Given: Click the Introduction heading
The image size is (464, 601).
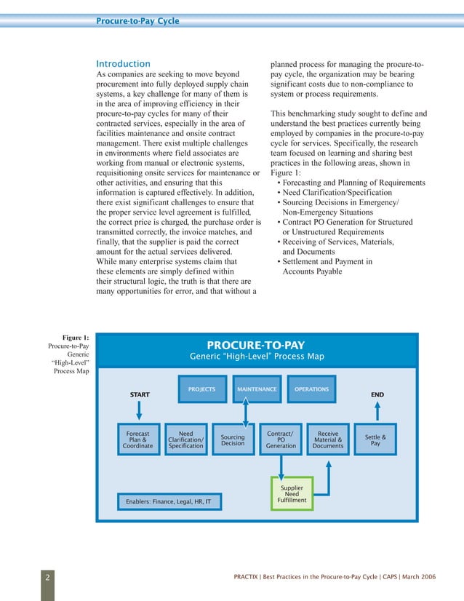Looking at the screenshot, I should (124, 64).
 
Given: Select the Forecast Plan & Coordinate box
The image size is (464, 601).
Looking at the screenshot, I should (138, 440).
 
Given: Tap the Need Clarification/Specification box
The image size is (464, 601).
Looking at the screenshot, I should (185, 440).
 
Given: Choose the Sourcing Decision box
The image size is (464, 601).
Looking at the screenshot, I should (233, 440).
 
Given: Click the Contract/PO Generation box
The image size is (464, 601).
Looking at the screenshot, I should (280, 440).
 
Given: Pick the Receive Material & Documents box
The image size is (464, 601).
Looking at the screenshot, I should (328, 440).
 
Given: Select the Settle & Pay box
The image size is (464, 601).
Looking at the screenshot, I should (375, 440).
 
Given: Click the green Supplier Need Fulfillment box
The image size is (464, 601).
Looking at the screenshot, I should (292, 493).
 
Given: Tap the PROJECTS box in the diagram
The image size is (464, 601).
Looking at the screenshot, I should (201, 389).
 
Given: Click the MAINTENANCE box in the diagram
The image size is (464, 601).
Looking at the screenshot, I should (257, 389).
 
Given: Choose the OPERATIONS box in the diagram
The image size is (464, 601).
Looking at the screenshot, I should (311, 389).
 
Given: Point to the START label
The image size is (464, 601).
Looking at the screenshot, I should (140, 394).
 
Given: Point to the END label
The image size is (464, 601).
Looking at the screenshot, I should (377, 394).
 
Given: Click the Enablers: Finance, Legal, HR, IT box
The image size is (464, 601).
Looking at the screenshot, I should (168, 502).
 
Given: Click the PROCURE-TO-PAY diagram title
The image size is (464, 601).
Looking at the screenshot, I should (256, 345).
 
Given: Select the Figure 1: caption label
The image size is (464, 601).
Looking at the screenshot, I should (76, 337).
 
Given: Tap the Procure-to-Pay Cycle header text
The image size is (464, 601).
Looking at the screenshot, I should (137, 21).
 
